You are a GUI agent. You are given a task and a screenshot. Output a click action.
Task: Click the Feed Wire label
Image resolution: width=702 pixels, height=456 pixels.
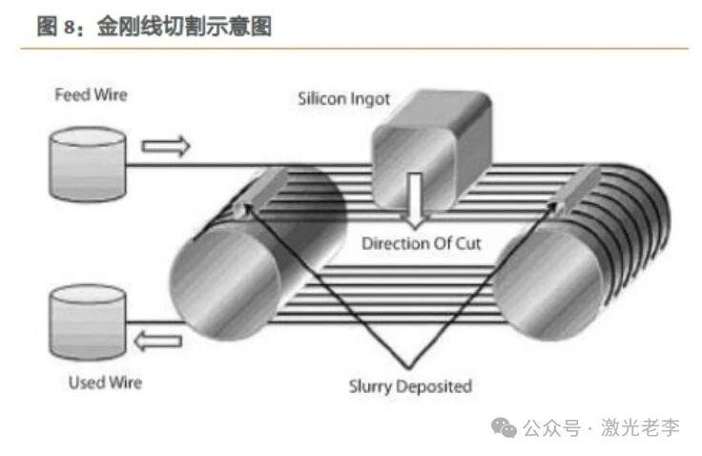pos(91,95)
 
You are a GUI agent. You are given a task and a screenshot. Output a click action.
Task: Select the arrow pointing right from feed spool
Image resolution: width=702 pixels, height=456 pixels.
pos(166,146)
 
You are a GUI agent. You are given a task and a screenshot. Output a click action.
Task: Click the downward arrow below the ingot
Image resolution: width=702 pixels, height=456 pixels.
pos(414,197)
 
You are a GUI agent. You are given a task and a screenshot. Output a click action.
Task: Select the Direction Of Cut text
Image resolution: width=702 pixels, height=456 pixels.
pos(421,243)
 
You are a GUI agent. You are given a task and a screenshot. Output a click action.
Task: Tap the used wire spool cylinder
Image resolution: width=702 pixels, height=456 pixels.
pos(87,326)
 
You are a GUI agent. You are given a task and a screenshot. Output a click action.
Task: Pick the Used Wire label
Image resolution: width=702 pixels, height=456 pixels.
pos(105,383)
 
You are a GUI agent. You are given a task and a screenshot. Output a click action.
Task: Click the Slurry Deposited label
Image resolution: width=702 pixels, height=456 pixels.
pos(410,386)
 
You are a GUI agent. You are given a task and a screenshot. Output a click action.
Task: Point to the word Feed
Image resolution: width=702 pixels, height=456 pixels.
pos(71,95)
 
